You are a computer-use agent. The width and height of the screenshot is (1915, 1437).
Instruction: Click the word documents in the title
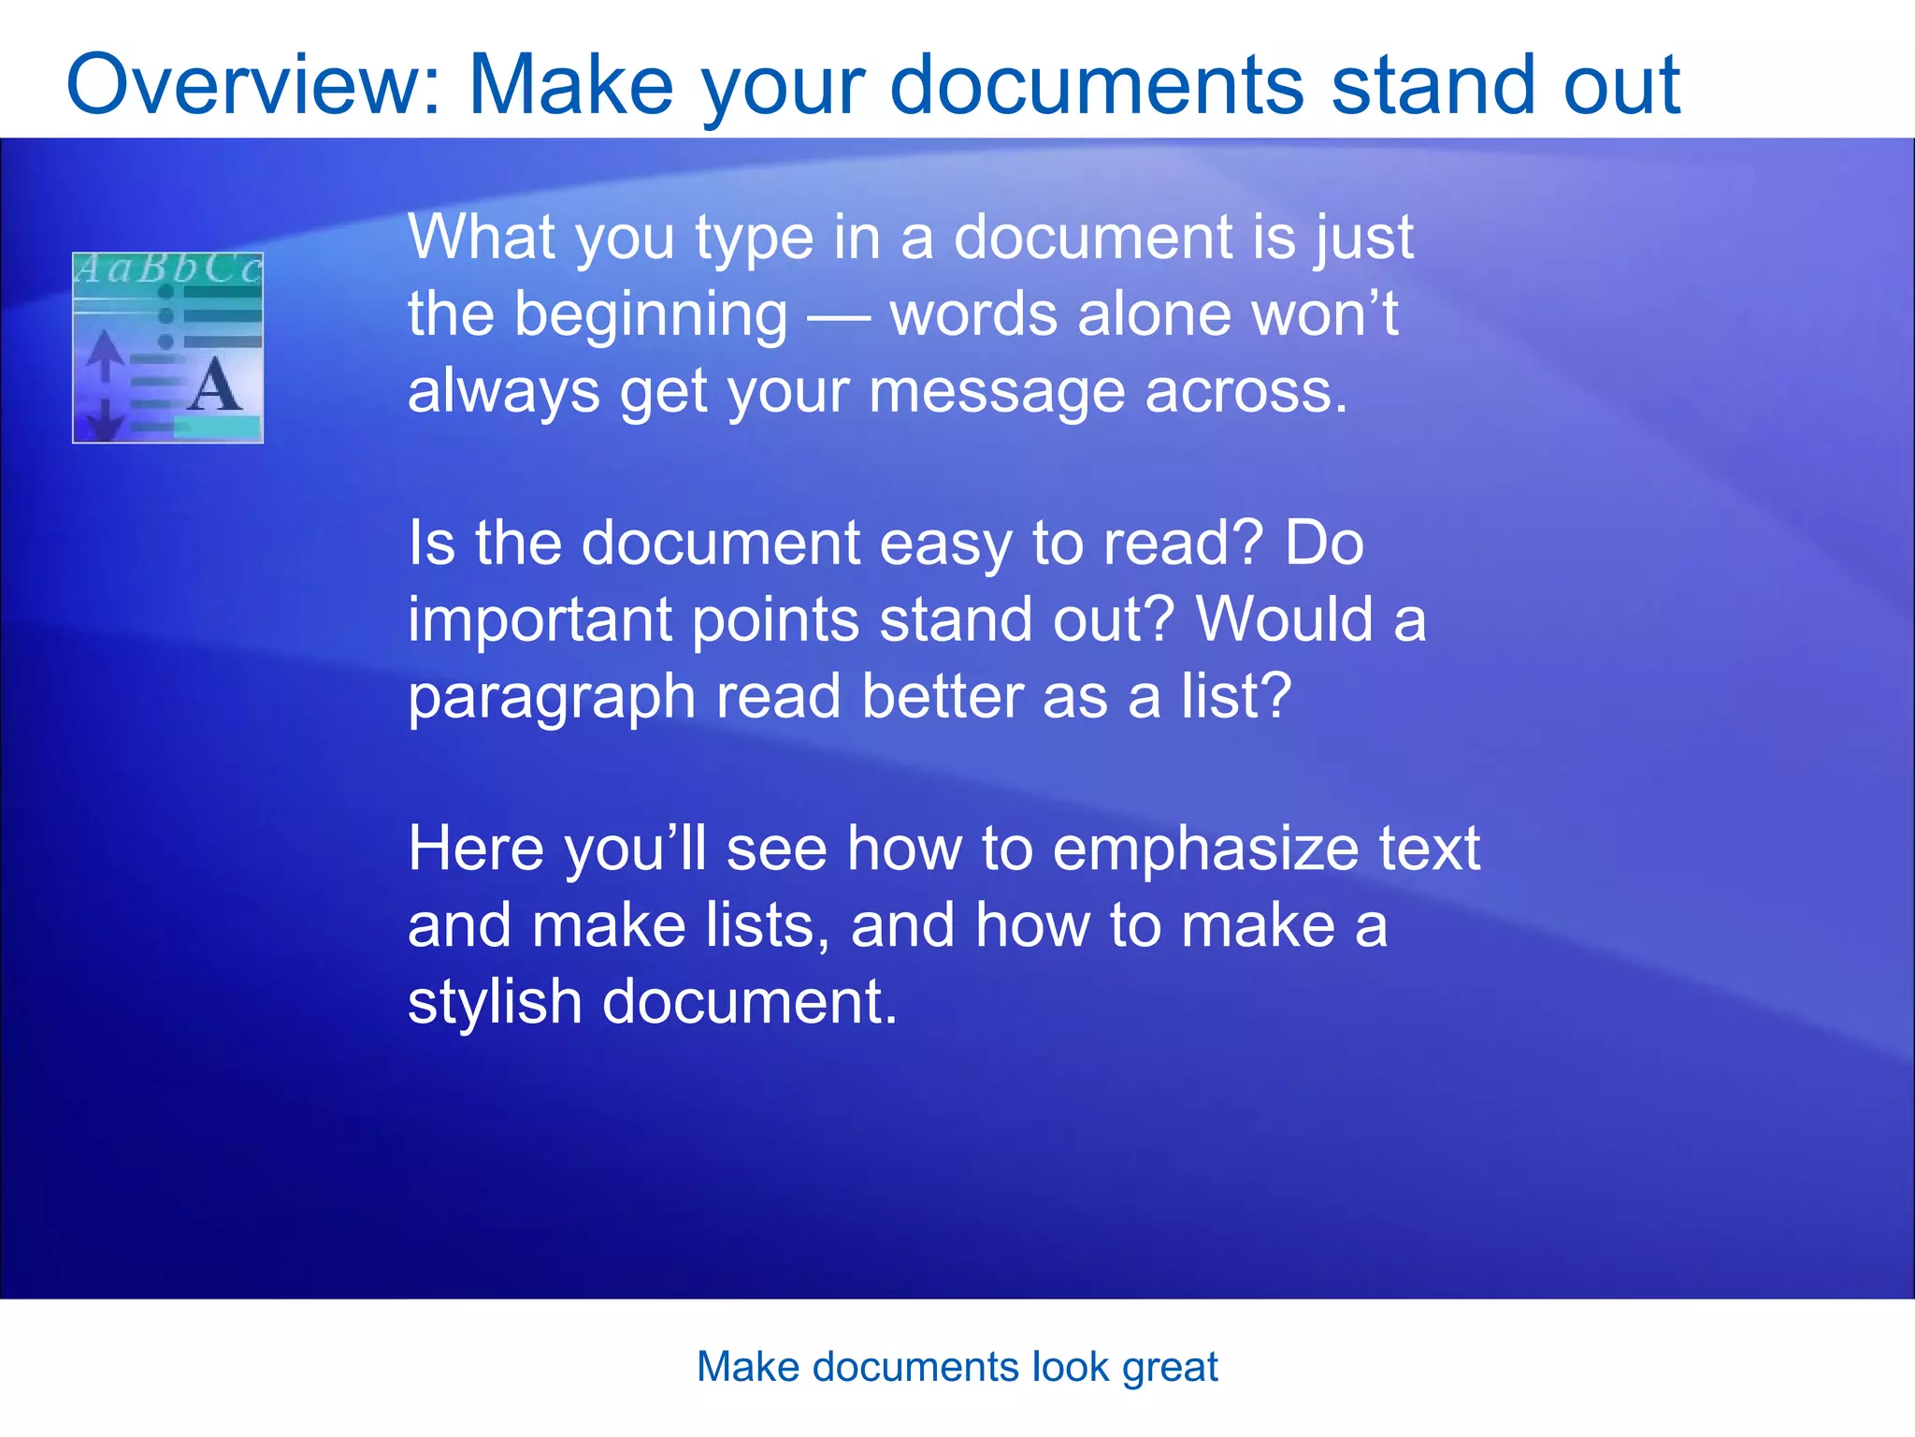1096,86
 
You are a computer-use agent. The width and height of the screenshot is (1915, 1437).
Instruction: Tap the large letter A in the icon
214,386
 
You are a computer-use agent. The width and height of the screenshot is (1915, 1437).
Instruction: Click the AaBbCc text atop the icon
168,269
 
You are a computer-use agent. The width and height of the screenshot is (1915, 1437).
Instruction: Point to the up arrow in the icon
106,354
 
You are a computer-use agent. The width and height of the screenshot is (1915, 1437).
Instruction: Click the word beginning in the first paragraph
651,316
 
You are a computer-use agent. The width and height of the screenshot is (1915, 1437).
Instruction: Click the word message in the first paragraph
996,391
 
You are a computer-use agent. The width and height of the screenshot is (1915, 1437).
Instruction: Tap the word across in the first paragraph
1246,391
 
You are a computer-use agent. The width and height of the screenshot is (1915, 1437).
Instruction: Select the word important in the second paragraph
540,621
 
